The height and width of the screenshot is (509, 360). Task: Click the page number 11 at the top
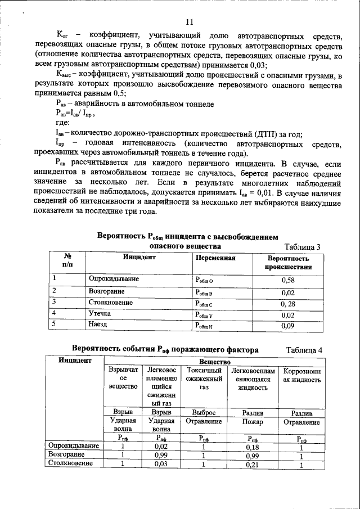pyautogui.click(x=189, y=22)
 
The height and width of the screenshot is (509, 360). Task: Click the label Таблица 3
pyautogui.click(x=303, y=247)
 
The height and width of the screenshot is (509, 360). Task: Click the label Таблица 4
pyautogui.click(x=304, y=350)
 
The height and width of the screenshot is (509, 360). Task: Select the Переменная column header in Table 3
pyautogui.click(x=215, y=258)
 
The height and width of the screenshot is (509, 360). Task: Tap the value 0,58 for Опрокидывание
pyautogui.click(x=288, y=280)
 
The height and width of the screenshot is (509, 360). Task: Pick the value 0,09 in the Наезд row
pyautogui.click(x=288, y=325)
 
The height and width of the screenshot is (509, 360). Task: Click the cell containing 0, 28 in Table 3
pyautogui.click(x=288, y=303)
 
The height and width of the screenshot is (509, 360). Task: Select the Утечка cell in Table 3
pyautogui.click(x=100, y=313)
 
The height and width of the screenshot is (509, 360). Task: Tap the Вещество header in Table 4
pyautogui.click(x=213, y=361)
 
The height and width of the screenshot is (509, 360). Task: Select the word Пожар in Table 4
pyautogui.click(x=253, y=421)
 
